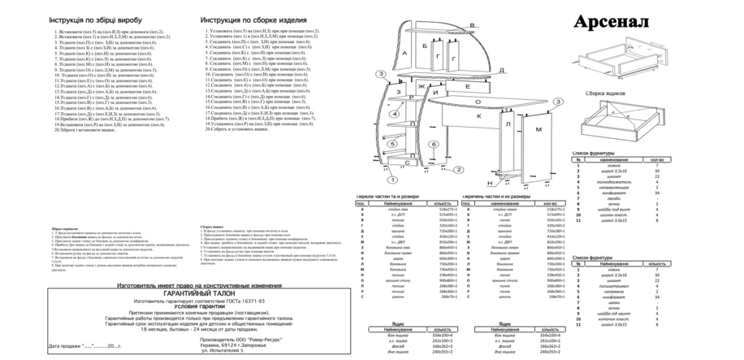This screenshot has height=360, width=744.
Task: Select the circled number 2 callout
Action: (x=459, y=169)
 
